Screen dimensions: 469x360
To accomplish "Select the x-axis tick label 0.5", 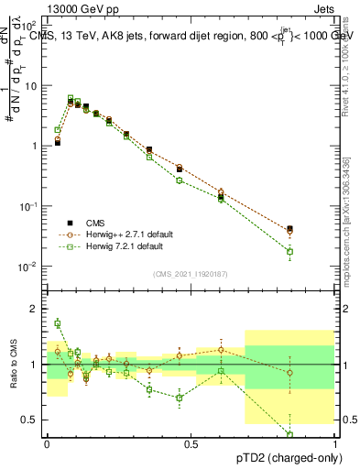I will (191, 444).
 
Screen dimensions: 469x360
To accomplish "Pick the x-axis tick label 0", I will (47, 444).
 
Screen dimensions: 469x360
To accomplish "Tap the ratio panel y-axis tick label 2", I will (34, 309).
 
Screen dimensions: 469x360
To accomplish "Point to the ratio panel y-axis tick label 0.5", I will (30, 420).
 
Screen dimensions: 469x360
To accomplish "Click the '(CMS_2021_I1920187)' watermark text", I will (191, 274).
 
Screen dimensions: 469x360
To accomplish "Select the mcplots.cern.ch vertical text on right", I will (346, 229).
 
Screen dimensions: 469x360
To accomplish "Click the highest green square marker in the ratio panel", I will (57, 322).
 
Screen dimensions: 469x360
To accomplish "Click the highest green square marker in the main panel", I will (71, 98).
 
